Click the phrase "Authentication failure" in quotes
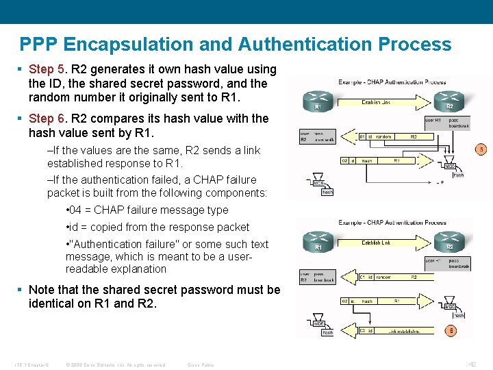(121, 245)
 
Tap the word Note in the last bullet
(42, 290)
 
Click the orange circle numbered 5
(481, 149)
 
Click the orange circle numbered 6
(451, 331)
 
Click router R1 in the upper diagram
(318, 99)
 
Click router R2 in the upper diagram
(450, 98)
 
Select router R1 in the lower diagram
(318, 240)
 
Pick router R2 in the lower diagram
(450, 240)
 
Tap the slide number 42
(472, 364)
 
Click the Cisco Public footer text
(201, 365)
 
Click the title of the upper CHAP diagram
(392, 82)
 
